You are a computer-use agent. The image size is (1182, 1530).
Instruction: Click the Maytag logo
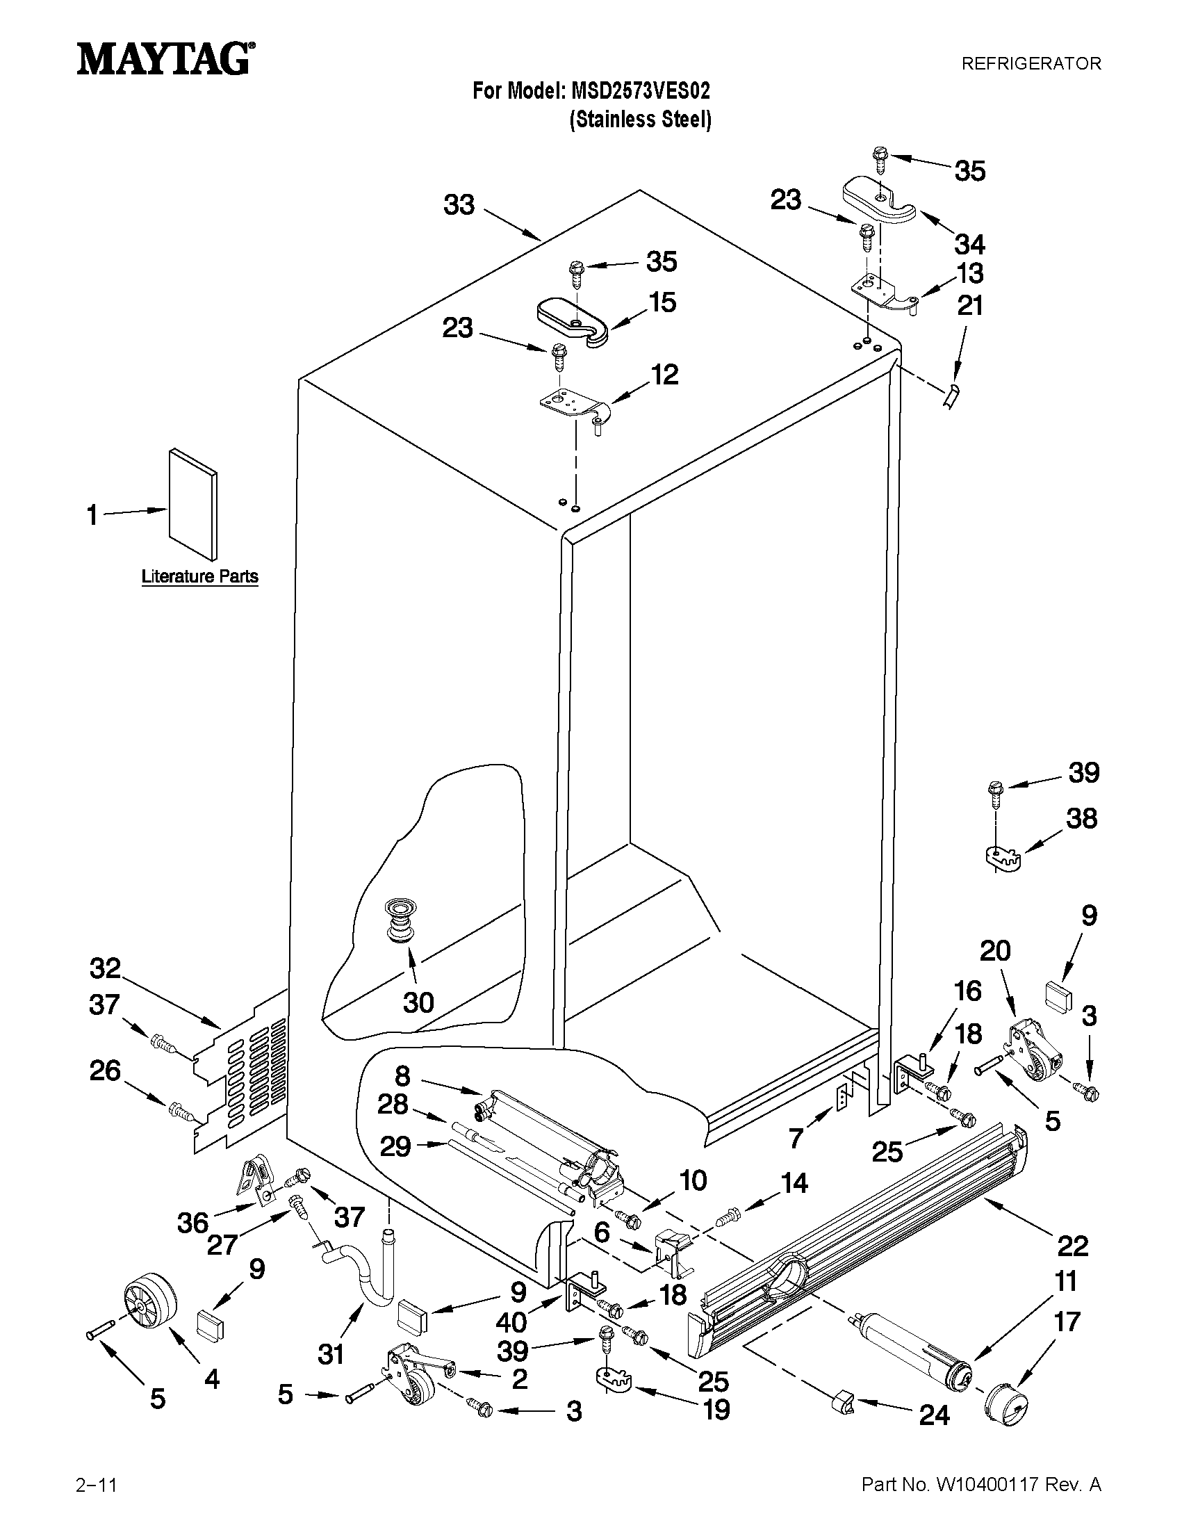pos(165,59)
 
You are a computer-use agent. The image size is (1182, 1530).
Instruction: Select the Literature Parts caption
pos(199,576)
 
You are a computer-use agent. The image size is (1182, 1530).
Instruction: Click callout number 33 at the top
pos(459,205)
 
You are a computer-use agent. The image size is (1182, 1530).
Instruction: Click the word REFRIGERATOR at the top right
pos(1031,64)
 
